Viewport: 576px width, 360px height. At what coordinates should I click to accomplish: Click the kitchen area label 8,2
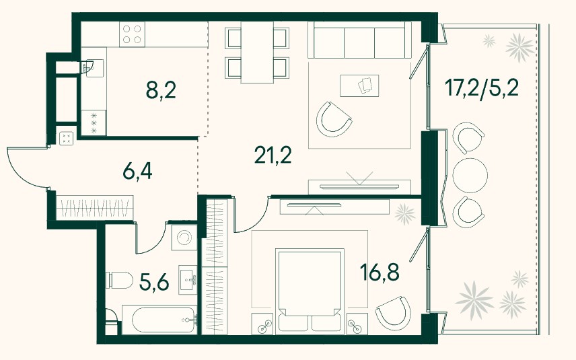coord(161,90)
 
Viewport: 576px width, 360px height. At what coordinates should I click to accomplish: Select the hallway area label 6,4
coord(137,172)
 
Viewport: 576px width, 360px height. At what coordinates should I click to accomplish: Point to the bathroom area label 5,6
coord(154,282)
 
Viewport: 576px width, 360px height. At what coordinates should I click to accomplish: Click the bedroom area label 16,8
coord(380,273)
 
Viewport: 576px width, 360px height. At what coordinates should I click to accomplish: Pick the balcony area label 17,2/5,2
coord(482,87)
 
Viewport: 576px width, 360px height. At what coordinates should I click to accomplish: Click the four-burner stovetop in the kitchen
coord(133,34)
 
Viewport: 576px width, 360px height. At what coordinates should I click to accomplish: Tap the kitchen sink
coord(92,68)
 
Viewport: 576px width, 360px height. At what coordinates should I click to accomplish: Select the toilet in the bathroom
coord(119,281)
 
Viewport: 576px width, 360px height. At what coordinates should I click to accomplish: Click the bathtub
coord(159,320)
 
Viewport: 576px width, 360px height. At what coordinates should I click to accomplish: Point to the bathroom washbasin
coord(188,279)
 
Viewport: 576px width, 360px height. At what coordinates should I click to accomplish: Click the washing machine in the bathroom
coord(184,238)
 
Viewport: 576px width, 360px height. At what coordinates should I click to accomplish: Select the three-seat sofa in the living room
coord(359,40)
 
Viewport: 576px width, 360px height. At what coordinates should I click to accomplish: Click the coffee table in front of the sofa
coord(359,86)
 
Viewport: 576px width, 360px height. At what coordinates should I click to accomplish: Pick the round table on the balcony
coord(470,175)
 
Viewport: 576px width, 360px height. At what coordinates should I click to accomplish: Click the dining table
coord(257,52)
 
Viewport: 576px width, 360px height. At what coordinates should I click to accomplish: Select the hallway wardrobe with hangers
coord(95,208)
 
